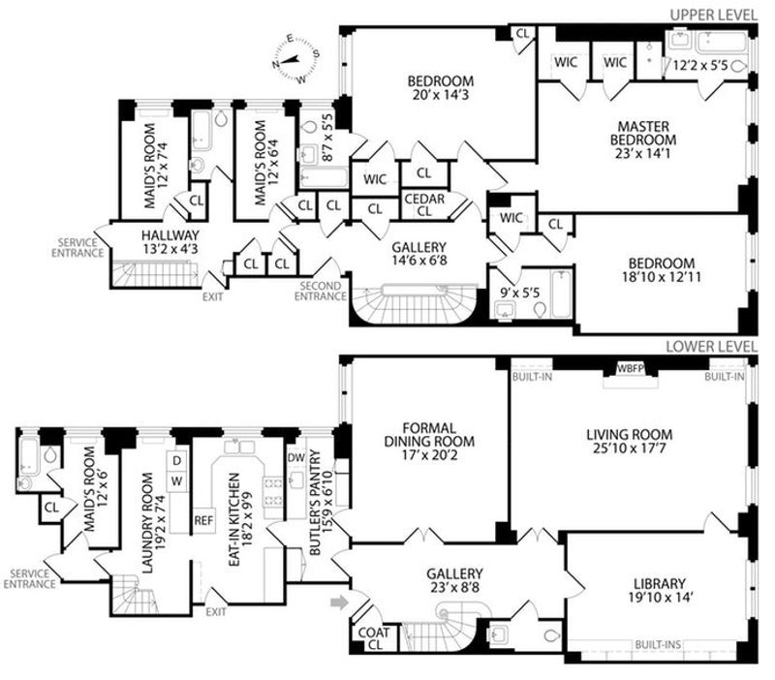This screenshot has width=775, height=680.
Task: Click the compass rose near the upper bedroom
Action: pos(295,59)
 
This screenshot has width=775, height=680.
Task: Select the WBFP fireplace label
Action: pos(631,368)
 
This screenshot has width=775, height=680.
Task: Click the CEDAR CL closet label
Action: pos(424,205)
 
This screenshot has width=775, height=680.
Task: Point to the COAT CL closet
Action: pos(374,638)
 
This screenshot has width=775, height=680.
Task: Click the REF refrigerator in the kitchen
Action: pos(203,520)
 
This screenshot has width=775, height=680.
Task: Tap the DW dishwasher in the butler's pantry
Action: pos(296,457)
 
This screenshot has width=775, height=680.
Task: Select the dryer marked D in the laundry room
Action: pos(177,460)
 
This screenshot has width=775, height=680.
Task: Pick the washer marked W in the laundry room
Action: pos(177,481)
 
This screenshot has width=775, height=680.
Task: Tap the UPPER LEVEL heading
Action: pos(713,15)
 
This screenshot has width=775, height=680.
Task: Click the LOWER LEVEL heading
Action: pos(711,347)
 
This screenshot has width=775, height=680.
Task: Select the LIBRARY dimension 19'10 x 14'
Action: pos(660,598)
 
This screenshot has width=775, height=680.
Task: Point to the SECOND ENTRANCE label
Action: pos(321,291)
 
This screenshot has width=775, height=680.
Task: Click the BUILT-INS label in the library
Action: pos(658,644)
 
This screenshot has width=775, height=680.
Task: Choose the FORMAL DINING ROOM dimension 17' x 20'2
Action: pos(429,454)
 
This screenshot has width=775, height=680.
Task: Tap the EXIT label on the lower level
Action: pos(216,612)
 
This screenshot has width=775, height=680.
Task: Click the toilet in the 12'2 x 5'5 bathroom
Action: pos(739,66)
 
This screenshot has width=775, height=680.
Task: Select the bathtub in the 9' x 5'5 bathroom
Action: pos(561,294)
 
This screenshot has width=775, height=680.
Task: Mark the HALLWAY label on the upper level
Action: pos(170,235)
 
